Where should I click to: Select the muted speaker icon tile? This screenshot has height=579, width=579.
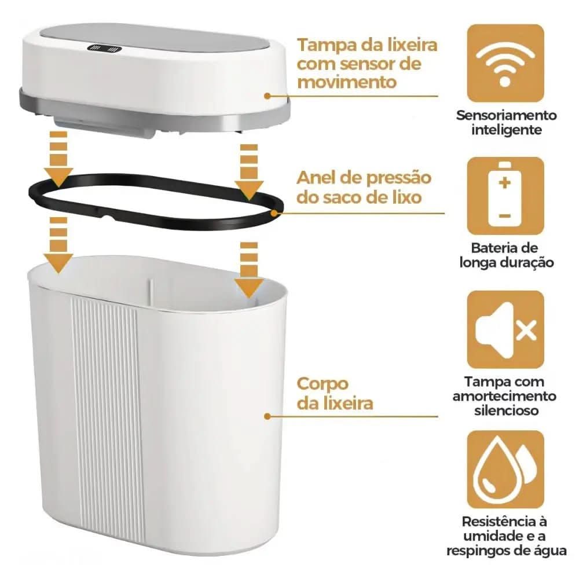pos(505,329)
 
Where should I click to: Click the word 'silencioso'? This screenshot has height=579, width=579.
pos(505,410)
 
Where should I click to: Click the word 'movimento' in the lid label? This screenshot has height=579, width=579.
pos(347,82)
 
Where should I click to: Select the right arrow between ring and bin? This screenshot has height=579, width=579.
pos(249,272)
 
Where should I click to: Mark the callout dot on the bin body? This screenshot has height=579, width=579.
pos(267,416)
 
